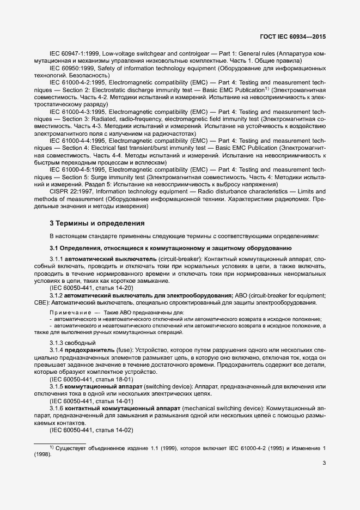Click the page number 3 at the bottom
point(324,464)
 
